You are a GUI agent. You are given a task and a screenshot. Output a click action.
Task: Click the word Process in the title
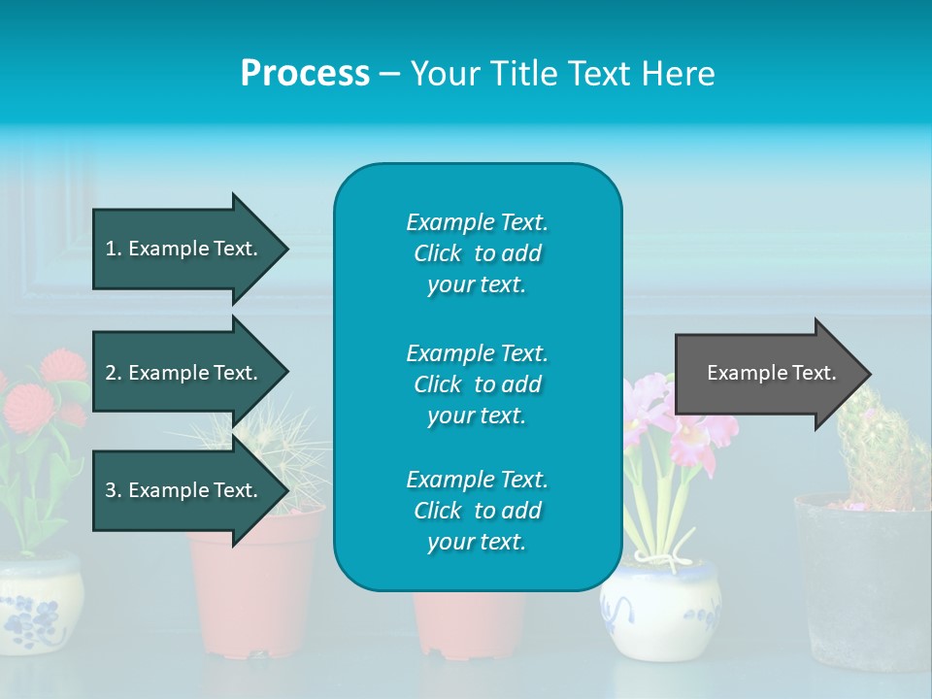(x=305, y=74)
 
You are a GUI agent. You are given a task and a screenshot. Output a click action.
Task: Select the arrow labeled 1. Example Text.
(x=184, y=249)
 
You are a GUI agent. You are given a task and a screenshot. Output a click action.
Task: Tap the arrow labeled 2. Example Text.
(x=184, y=373)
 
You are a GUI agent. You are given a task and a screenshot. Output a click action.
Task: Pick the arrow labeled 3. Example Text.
(x=184, y=490)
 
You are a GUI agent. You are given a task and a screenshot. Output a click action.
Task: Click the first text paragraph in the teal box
(x=477, y=253)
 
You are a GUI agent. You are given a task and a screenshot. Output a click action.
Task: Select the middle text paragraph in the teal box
(x=477, y=384)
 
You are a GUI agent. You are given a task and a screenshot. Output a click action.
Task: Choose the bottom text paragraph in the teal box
(x=477, y=511)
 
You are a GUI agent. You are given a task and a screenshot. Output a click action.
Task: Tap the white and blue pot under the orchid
(x=660, y=607)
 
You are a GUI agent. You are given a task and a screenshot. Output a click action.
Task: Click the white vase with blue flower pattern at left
(x=39, y=602)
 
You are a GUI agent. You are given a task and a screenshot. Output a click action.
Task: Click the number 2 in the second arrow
(x=110, y=373)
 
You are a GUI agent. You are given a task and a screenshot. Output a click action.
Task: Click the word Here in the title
(x=680, y=74)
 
